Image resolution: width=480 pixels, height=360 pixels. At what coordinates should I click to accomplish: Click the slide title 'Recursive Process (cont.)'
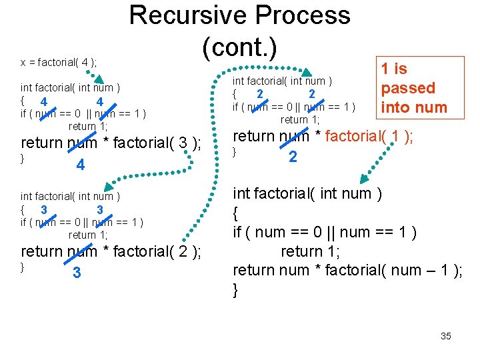[239, 30]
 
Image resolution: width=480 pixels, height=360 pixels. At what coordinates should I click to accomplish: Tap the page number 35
[446, 336]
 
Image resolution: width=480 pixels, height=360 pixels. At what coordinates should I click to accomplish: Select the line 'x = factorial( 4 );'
[59, 63]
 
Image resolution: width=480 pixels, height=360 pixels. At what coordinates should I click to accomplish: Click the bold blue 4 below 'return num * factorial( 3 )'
[80, 165]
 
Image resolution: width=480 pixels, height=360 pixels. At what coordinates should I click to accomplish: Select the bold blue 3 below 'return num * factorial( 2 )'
[77, 273]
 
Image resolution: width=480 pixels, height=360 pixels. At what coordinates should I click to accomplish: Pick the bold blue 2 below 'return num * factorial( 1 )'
[293, 157]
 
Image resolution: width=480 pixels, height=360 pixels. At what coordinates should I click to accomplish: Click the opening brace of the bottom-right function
[236, 213]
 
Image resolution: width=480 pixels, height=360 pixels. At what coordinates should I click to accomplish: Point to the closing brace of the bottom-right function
[235, 290]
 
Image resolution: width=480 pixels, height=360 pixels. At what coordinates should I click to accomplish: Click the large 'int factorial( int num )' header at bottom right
[307, 194]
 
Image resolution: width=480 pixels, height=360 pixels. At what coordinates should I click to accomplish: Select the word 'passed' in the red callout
[407, 88]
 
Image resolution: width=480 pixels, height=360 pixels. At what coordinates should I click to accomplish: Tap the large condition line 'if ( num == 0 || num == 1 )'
[325, 232]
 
